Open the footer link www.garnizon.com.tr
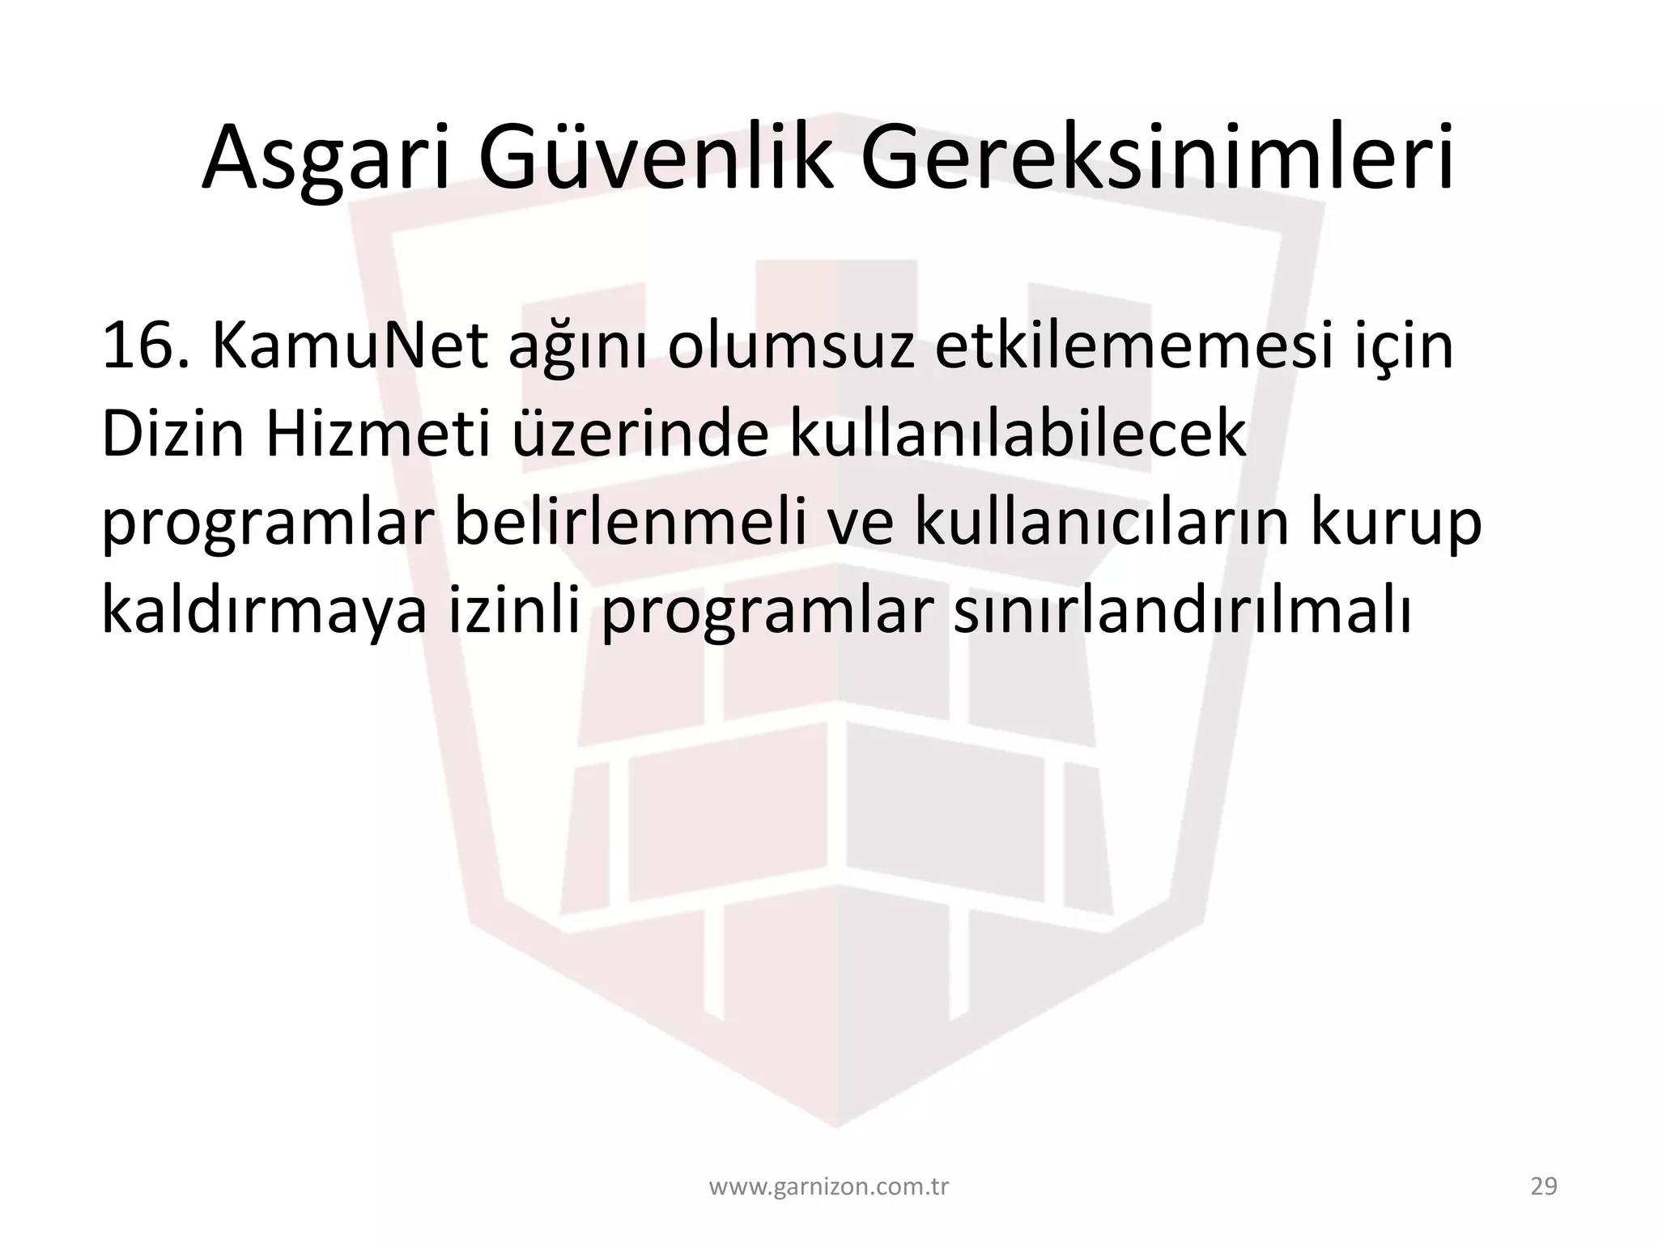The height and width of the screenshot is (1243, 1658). pyautogui.click(x=829, y=1187)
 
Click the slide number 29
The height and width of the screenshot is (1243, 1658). pyautogui.click(x=1544, y=1187)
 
